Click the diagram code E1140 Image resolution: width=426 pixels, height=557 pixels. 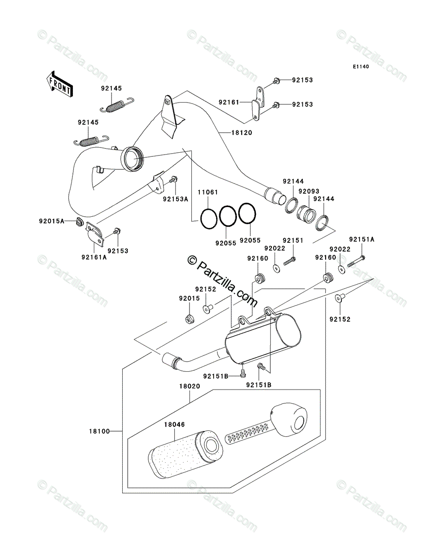point(360,67)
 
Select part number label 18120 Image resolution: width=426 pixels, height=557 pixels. point(242,133)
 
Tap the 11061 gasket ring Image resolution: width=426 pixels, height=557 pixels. point(209,219)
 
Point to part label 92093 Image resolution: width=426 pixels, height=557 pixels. point(309,191)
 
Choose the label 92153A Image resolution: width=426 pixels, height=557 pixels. point(176,199)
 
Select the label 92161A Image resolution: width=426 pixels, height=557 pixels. point(94,257)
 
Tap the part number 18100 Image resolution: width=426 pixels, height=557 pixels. point(99,431)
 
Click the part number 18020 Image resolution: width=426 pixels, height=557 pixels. point(190,386)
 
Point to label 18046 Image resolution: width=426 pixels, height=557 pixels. point(174,424)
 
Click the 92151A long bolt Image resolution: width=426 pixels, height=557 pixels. point(356,261)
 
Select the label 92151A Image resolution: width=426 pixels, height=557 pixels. point(361,240)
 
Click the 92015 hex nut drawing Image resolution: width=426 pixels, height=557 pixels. point(190,319)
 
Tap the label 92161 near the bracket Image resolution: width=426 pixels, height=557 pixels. point(229,102)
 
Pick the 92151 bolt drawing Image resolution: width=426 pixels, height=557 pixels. point(289,261)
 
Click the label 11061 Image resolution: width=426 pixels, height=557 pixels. point(208,192)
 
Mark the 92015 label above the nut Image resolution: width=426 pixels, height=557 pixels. point(189,298)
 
